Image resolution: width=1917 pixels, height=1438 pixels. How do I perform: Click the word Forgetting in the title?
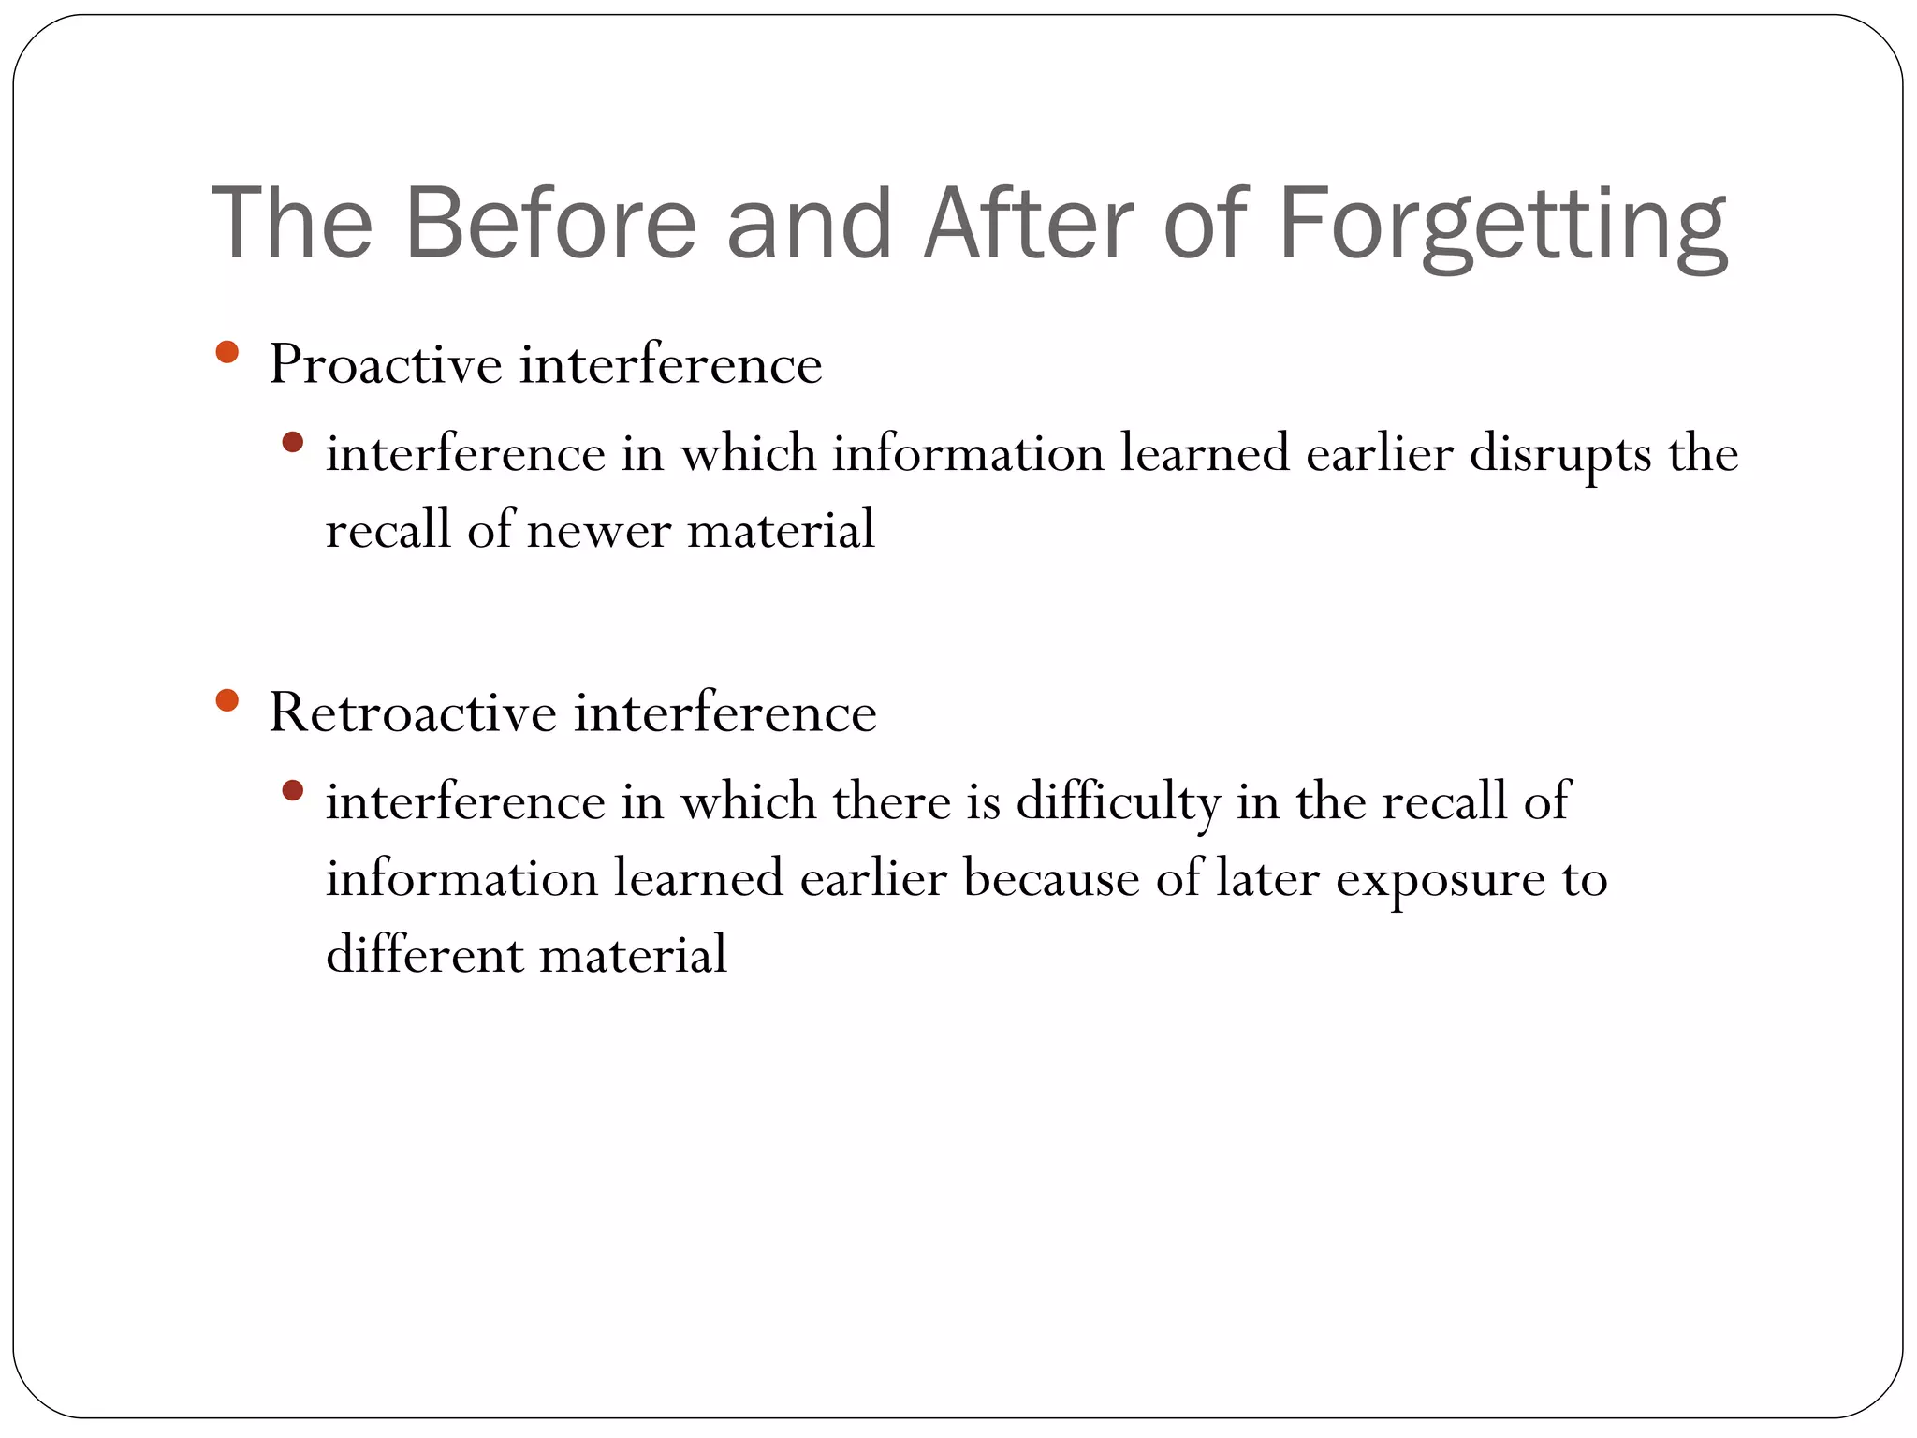pos(1501,226)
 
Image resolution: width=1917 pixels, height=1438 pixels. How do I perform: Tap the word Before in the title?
pos(550,224)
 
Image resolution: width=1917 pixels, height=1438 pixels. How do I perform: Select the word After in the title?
pos(1029,224)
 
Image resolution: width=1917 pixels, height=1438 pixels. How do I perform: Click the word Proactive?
pos(386,364)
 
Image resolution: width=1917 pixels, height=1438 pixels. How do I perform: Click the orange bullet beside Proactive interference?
pos(227,353)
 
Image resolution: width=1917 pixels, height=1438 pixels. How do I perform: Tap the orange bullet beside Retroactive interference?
pos(227,700)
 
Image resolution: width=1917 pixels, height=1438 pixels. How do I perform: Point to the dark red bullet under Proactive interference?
pos(293,442)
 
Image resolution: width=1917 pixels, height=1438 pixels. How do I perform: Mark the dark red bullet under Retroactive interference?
pos(293,791)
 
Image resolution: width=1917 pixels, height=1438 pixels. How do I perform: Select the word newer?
pos(599,531)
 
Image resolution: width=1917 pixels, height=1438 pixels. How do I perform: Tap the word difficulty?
pos(1119,802)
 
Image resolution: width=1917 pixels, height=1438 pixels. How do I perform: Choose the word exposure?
pos(1440,879)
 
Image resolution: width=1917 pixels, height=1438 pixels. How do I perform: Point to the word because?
pos(1050,879)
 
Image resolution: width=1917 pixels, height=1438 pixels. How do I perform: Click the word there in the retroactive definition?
pos(891,802)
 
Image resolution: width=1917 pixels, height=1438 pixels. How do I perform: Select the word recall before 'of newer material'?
pos(388,531)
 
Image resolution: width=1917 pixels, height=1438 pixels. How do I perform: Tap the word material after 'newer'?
pos(781,531)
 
